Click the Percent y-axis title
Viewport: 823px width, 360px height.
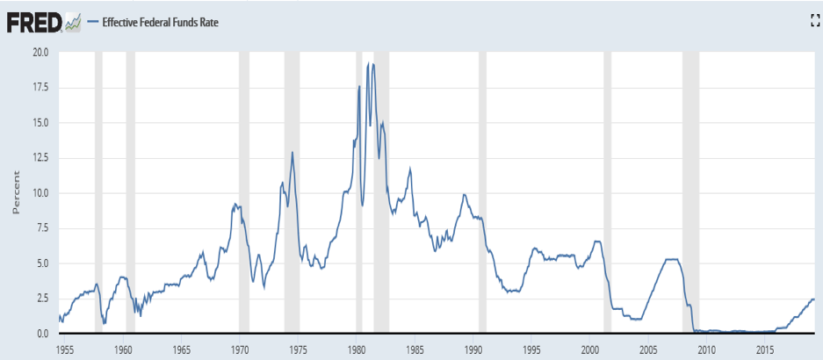pyautogui.click(x=15, y=193)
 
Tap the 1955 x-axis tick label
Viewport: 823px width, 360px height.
pyautogui.click(x=64, y=349)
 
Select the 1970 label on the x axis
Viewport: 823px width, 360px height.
pyautogui.click(x=240, y=349)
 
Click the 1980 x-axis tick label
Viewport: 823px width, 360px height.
pyautogui.click(x=357, y=349)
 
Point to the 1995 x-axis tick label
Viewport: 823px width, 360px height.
pyautogui.click(x=531, y=349)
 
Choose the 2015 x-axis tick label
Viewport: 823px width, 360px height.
pyautogui.click(x=765, y=349)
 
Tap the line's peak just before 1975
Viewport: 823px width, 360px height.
pyautogui.click(x=292, y=153)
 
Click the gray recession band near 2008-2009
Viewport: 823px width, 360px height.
pyautogui.click(x=690, y=193)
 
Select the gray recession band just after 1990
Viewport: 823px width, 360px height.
pyautogui.click(x=482, y=193)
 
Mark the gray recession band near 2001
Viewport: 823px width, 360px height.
pyautogui.click(x=607, y=193)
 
